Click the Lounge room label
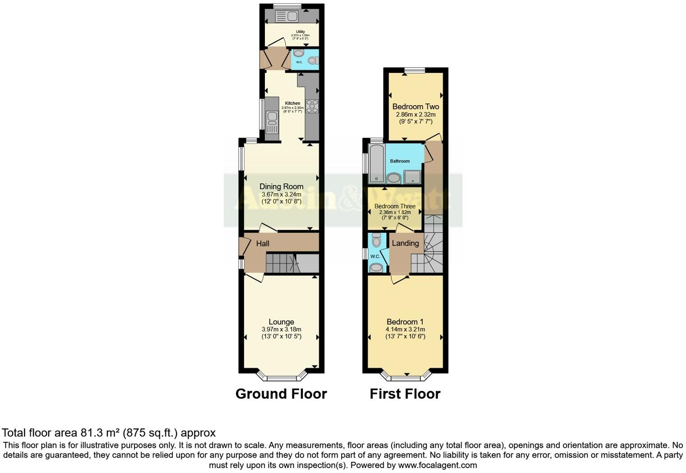click(x=281, y=322)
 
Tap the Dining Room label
click(x=281, y=186)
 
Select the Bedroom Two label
click(x=415, y=107)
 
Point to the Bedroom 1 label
click(x=405, y=322)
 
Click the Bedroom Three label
click(x=395, y=206)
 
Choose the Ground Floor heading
click(x=281, y=394)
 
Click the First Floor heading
click(x=405, y=394)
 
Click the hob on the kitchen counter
click(x=312, y=106)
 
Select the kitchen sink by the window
click(x=272, y=119)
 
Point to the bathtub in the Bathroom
click(x=376, y=163)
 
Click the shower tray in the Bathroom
click(x=413, y=177)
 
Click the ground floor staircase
click(x=281, y=263)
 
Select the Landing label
click(x=405, y=243)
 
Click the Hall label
click(x=263, y=243)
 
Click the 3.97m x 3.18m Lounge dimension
click(x=281, y=329)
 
